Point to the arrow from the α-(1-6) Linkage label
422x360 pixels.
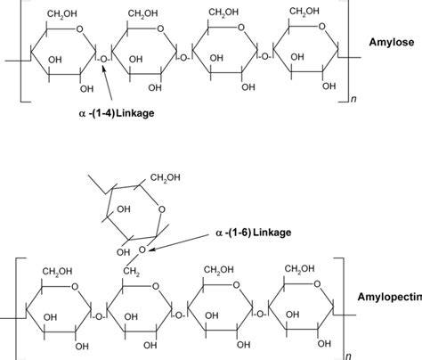pyautogui.click(x=183, y=243)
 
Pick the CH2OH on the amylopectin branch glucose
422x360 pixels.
pyautogui.click(x=171, y=179)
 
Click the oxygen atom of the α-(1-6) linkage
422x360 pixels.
pyautogui.click(x=141, y=250)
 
